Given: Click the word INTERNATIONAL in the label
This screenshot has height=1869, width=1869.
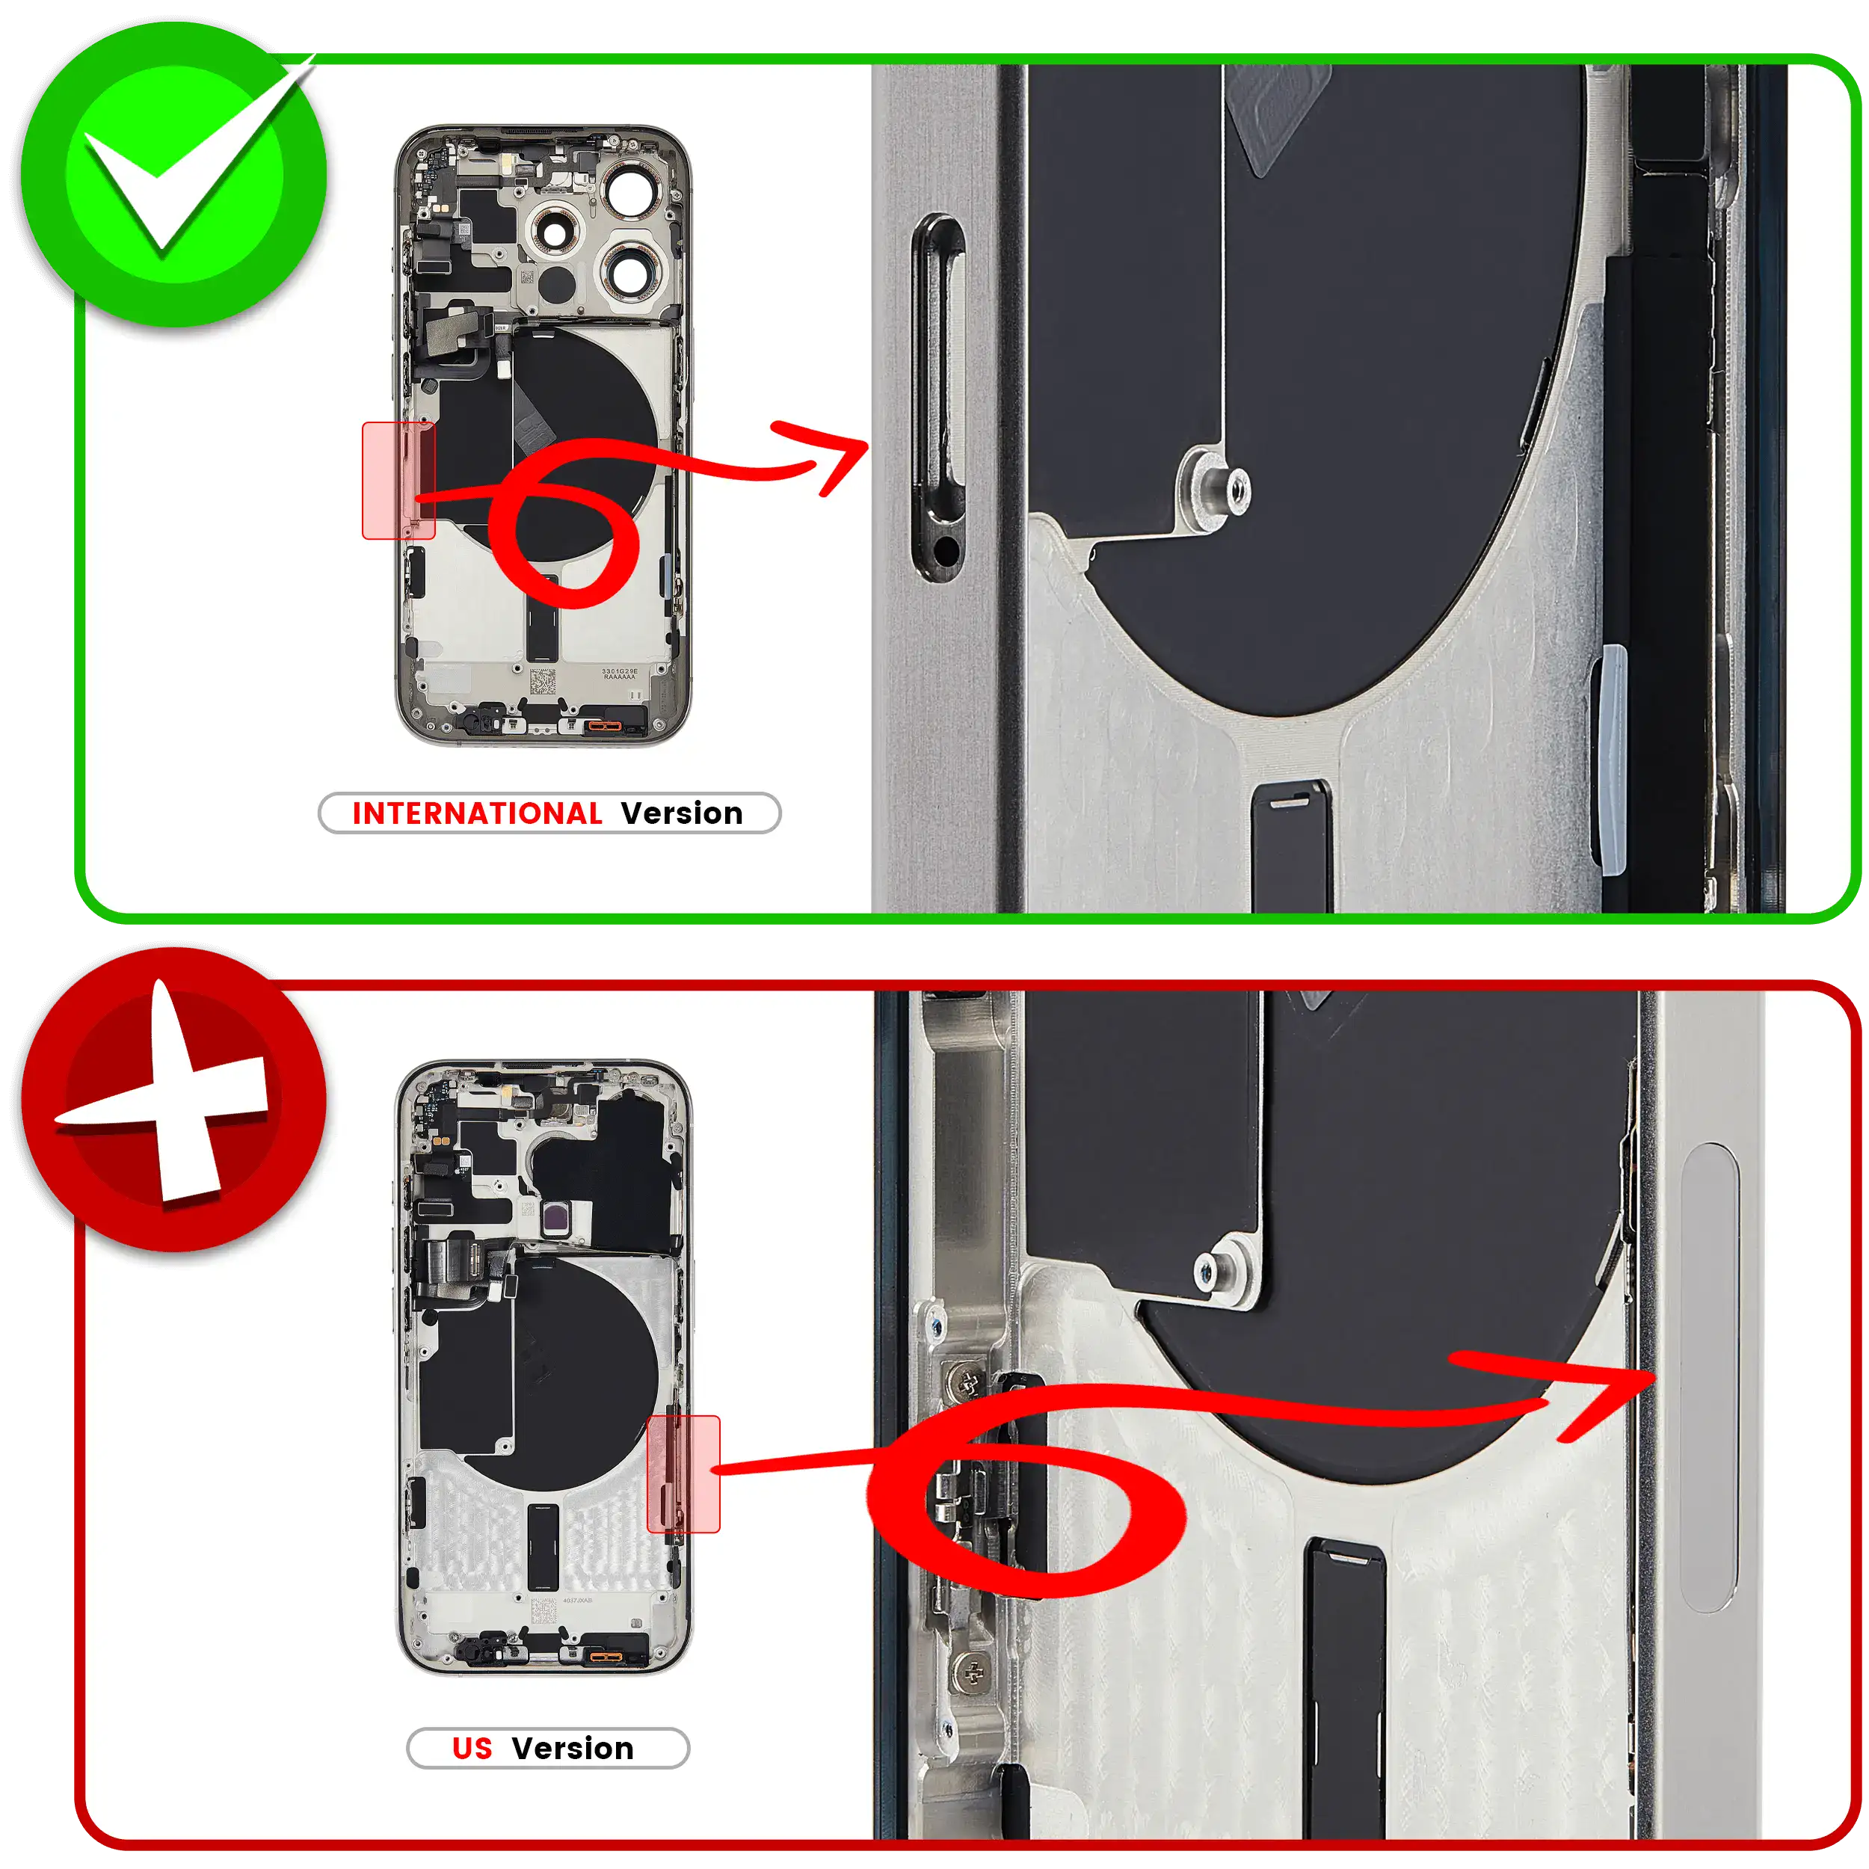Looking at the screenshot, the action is tap(477, 813).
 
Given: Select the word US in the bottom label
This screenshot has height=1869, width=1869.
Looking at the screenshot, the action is tap(472, 1748).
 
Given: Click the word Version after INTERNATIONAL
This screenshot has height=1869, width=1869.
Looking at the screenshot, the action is tap(682, 813).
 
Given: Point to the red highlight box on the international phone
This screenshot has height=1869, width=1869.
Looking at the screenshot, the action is tap(398, 480).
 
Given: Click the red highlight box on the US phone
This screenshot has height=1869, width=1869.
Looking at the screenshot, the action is tap(683, 1474).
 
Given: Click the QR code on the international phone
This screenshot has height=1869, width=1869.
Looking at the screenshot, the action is tap(543, 681).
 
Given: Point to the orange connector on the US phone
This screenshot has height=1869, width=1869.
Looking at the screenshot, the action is tap(606, 1658).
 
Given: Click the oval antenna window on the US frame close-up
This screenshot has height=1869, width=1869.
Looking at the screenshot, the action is tap(1709, 1378).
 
